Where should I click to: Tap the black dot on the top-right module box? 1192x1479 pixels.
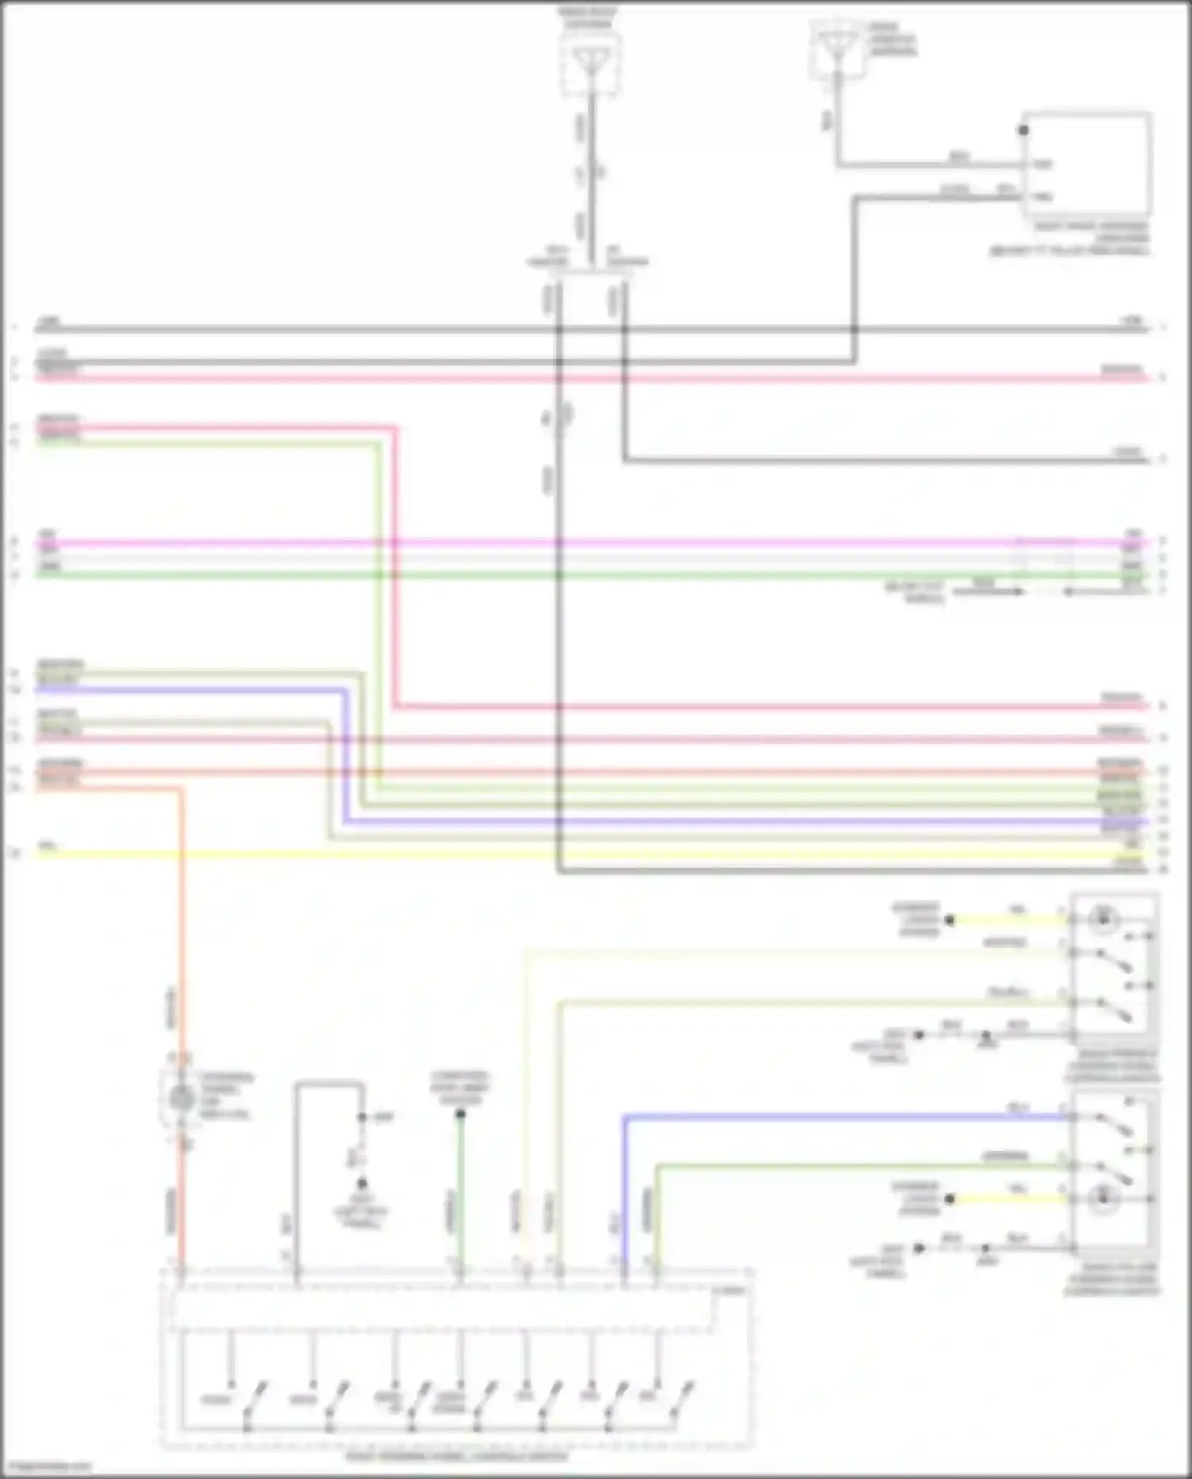tap(1024, 130)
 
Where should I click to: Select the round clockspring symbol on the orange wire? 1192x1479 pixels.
tap(182, 1098)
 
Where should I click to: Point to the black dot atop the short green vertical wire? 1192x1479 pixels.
tap(460, 1113)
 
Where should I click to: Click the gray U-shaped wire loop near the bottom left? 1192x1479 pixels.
tap(329, 1082)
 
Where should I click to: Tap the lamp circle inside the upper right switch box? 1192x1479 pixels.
tap(1103, 920)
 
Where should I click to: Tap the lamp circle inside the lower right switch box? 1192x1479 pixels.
tap(1103, 1198)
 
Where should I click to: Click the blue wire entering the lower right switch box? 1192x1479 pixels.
tap(842, 1117)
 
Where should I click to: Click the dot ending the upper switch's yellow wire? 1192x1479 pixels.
tap(950, 920)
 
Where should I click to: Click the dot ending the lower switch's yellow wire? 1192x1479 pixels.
tap(950, 1198)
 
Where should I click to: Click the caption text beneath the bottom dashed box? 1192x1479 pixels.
tap(457, 1457)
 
